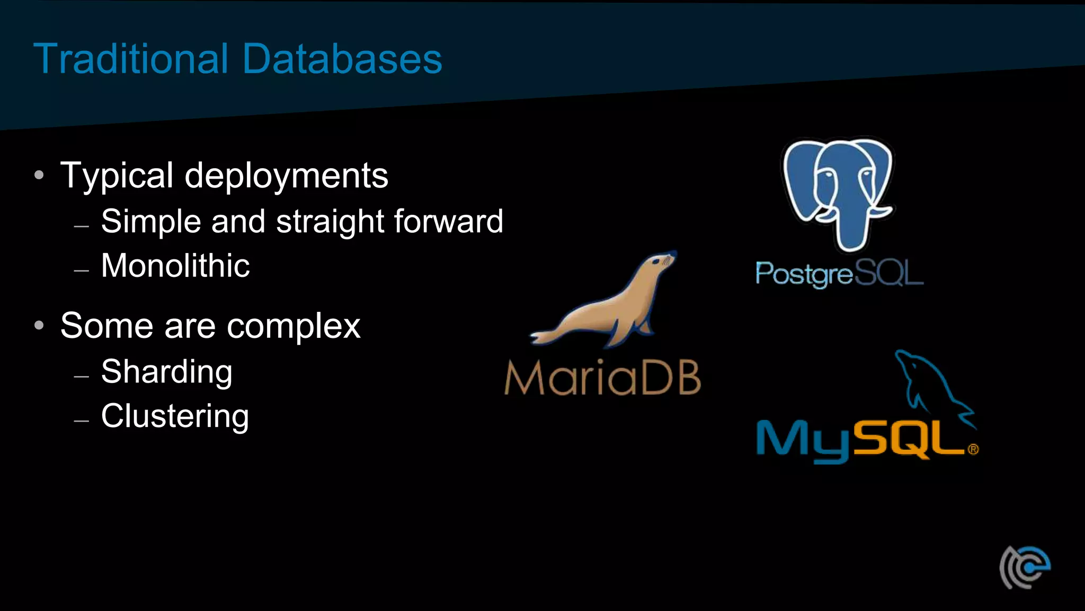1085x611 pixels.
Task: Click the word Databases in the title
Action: [x=342, y=58]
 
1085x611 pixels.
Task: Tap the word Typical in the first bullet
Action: [x=117, y=176]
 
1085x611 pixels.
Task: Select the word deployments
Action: [x=286, y=176]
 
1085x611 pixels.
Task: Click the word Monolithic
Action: [x=175, y=265]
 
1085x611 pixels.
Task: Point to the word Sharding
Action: [x=166, y=372]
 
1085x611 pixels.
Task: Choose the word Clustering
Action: [x=175, y=416]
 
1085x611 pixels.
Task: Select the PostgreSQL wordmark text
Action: [x=839, y=274]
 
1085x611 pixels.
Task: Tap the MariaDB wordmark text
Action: [x=602, y=378]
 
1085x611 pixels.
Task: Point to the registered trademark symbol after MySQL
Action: [x=973, y=450]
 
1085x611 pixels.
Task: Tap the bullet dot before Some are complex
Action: [x=39, y=325]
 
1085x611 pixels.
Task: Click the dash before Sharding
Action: [x=82, y=377]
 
